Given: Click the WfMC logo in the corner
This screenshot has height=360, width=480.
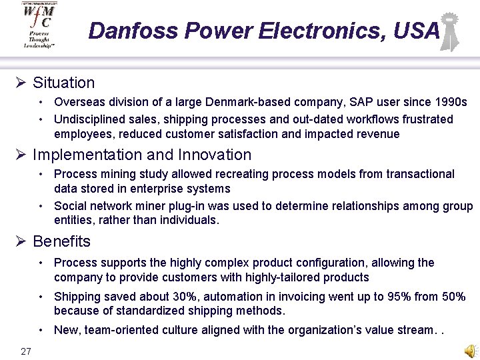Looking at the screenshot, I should (x=39, y=25).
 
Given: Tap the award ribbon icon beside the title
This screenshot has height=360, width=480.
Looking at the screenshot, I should (x=450, y=31).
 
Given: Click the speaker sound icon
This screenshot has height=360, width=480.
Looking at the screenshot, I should (x=471, y=351).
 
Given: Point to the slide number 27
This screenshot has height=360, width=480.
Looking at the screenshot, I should (x=26, y=351).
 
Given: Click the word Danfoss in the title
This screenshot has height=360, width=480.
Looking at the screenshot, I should (x=133, y=31).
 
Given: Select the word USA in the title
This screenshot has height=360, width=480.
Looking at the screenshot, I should (x=417, y=31).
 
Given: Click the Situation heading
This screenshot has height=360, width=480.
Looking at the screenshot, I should (x=63, y=83).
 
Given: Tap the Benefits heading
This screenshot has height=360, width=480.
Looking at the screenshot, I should (x=61, y=241).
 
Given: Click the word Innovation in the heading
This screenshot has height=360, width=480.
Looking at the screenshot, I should (x=215, y=155).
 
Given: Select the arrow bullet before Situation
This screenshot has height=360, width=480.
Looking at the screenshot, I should (x=21, y=83).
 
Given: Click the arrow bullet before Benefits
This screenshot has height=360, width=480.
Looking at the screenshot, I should (x=21, y=241).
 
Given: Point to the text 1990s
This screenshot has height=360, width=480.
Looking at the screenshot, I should (x=449, y=103).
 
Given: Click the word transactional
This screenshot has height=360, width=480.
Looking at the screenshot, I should (x=417, y=174).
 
